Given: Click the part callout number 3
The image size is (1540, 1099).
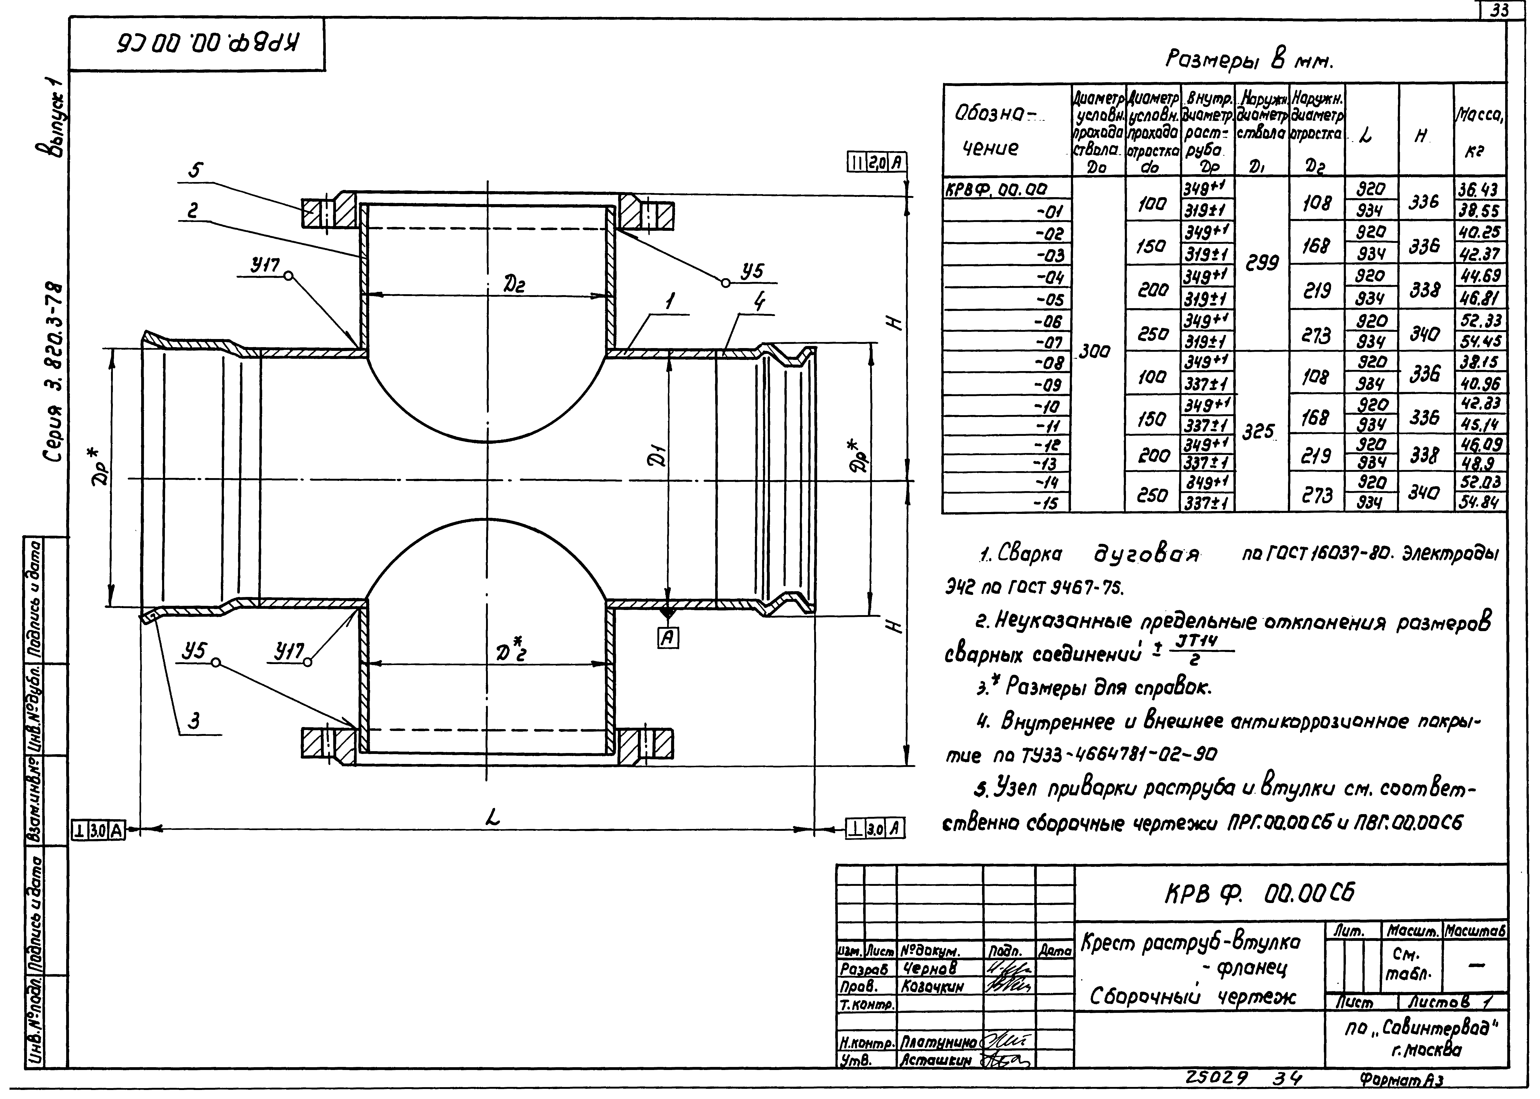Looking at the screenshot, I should (x=194, y=721).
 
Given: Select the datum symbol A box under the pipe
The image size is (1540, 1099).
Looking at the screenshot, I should (x=669, y=637).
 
